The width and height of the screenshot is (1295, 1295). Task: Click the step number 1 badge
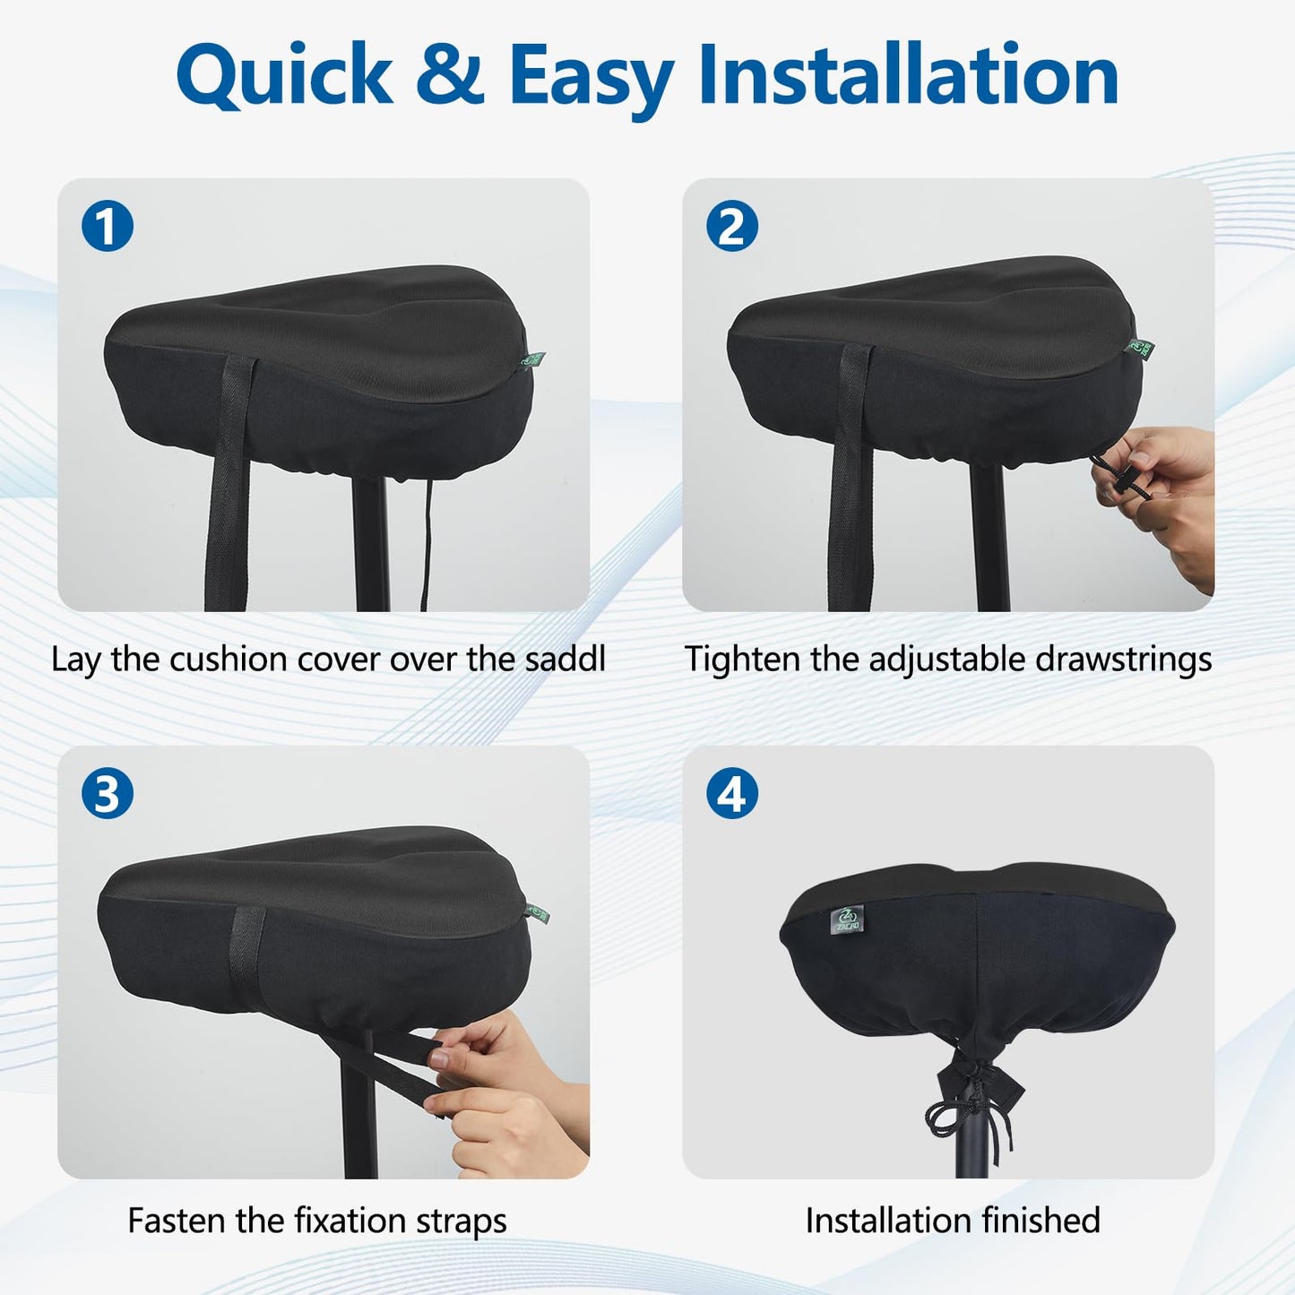point(107,226)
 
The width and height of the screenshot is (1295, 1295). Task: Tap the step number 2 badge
point(732,226)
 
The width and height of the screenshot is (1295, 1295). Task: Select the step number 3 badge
point(107,793)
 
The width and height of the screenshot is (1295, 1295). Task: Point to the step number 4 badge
point(732,793)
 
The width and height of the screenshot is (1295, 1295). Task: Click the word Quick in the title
point(285,76)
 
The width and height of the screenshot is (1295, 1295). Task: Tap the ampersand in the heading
point(450,75)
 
